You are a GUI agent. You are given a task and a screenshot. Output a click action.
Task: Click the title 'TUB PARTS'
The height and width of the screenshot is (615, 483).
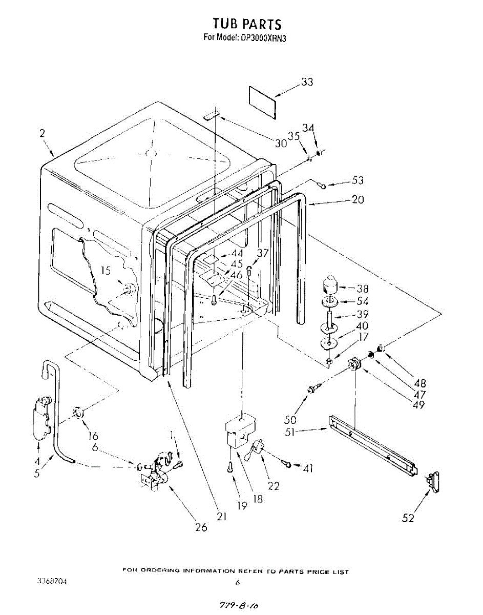(x=247, y=24)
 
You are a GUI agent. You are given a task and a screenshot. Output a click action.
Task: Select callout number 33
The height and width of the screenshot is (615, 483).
(x=307, y=82)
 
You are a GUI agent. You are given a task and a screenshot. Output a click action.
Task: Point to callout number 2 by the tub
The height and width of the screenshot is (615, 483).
(x=42, y=133)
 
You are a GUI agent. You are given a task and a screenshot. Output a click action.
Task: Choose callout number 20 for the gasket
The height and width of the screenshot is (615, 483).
(x=358, y=199)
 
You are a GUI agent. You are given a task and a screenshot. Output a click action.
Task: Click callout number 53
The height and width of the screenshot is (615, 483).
(x=358, y=180)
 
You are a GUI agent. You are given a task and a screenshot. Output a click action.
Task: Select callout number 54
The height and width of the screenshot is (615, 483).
(x=362, y=301)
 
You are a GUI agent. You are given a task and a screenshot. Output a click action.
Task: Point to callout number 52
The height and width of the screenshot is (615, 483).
(x=408, y=518)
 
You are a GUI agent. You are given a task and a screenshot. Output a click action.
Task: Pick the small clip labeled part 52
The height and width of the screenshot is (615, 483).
(x=433, y=482)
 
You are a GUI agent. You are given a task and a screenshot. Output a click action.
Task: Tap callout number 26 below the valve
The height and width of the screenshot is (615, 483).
(x=201, y=527)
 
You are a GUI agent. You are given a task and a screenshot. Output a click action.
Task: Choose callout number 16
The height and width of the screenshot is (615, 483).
(x=93, y=436)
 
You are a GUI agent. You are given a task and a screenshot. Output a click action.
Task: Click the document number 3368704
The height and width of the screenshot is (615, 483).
(x=51, y=582)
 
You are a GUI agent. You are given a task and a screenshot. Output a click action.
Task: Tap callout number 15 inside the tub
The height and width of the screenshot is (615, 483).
(x=105, y=271)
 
